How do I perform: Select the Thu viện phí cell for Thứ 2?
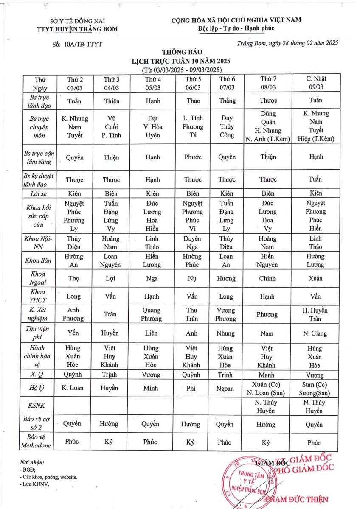tap(73, 333)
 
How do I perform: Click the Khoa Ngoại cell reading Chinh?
tap(268, 278)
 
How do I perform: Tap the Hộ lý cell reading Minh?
tap(150, 388)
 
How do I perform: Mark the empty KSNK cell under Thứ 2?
tap(73, 406)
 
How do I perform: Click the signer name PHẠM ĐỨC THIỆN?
tap(297, 499)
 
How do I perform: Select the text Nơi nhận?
tap(32, 462)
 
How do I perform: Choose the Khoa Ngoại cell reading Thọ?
tap(73, 278)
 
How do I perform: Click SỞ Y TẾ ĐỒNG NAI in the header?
tap(77, 21)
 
